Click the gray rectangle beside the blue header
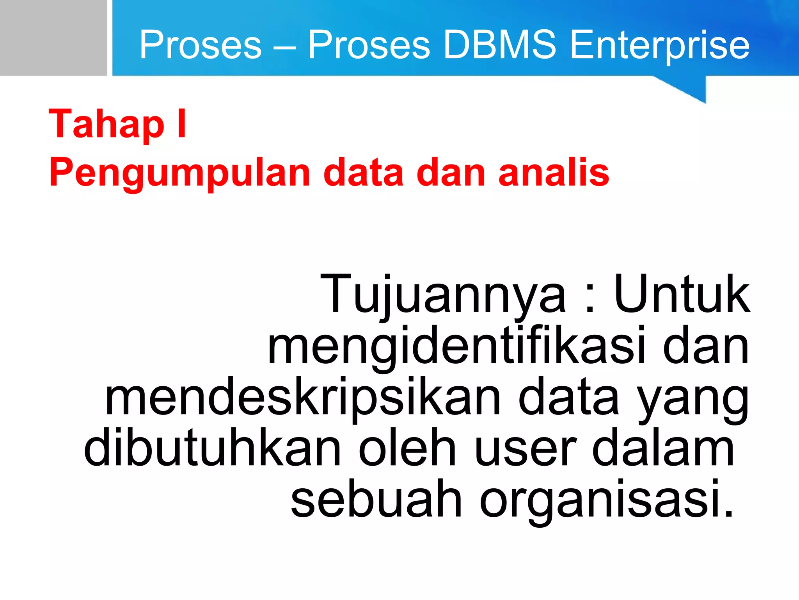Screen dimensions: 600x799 pos(53,37)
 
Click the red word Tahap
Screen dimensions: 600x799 pos(107,124)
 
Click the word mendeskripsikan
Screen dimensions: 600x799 pos(303,398)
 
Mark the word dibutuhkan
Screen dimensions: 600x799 pos(212,448)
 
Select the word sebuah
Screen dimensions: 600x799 pos(376,500)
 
